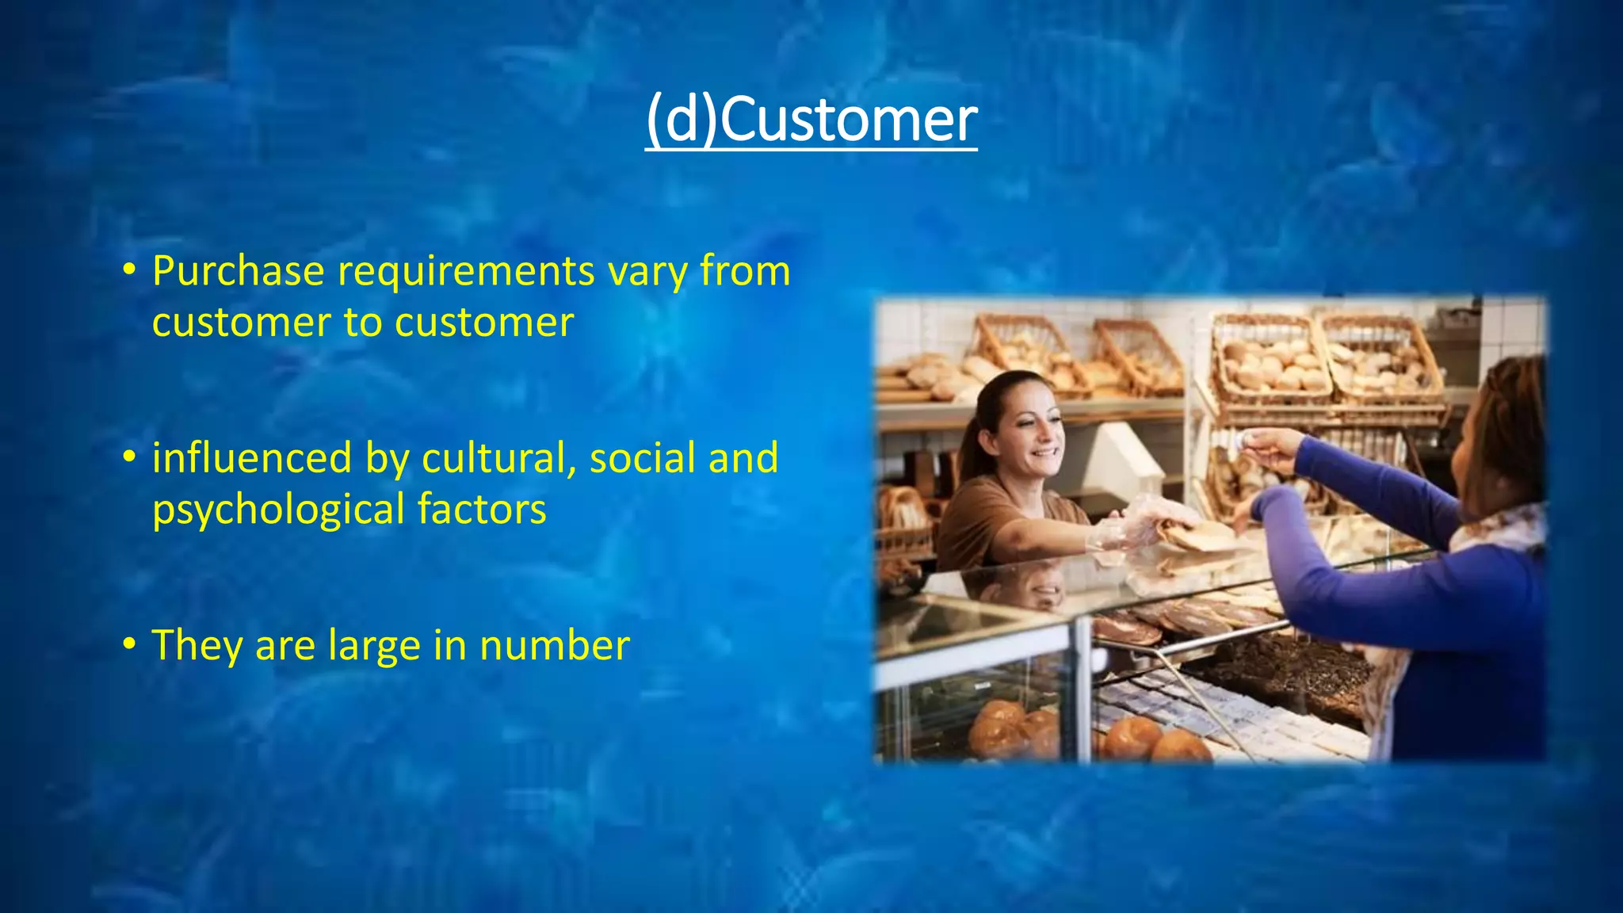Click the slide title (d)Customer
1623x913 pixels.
(811, 120)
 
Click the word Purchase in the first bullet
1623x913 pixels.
(239, 272)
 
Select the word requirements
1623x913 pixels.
(466, 272)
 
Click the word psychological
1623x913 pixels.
(278, 510)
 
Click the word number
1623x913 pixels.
(555, 645)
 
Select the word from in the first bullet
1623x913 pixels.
(745, 272)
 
